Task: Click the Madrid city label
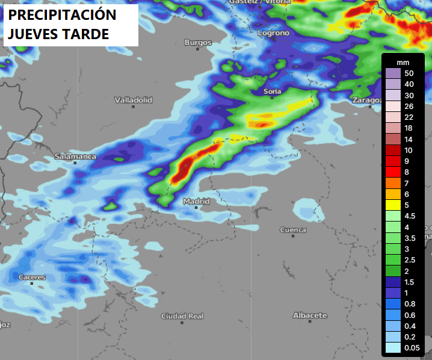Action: click(197, 201)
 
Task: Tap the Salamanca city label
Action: click(75, 157)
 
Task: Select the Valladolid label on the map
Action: click(134, 100)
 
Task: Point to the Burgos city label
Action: click(198, 43)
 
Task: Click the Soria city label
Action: click(273, 92)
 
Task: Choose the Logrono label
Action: click(274, 33)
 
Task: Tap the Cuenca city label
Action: click(293, 230)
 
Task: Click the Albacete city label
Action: click(310, 315)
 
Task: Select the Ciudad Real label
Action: click(182, 316)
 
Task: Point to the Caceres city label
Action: click(32, 278)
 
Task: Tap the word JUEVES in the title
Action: click(33, 34)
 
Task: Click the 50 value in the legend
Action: click(409, 73)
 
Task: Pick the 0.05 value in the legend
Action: click(412, 347)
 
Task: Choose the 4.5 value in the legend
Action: click(410, 216)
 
